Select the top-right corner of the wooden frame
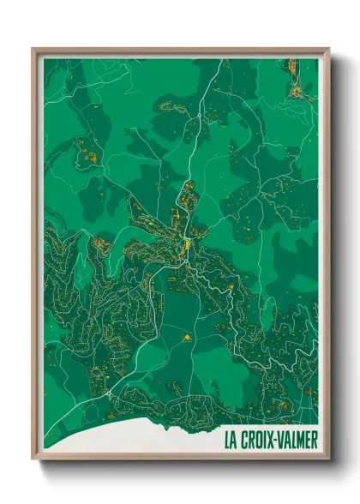tap(329, 49)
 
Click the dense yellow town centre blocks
tap(184, 249)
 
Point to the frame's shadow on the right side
tap(335, 257)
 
